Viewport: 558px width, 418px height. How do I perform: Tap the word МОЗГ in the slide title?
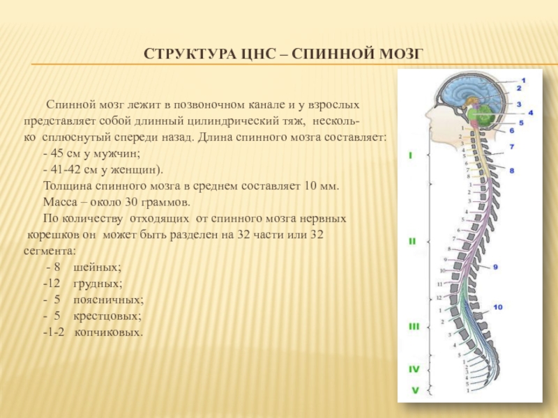coord(400,54)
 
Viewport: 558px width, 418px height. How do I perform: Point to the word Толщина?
coord(67,187)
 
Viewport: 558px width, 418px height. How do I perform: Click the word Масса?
coord(61,203)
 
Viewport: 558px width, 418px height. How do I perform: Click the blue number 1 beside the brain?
coord(523,81)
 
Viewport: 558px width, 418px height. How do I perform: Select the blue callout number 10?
coord(497,307)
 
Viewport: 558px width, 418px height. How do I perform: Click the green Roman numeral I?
coord(410,155)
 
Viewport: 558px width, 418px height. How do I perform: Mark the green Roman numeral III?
coord(414,326)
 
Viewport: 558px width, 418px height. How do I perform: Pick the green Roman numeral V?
coord(414,391)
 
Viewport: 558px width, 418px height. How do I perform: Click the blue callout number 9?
coord(495,266)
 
